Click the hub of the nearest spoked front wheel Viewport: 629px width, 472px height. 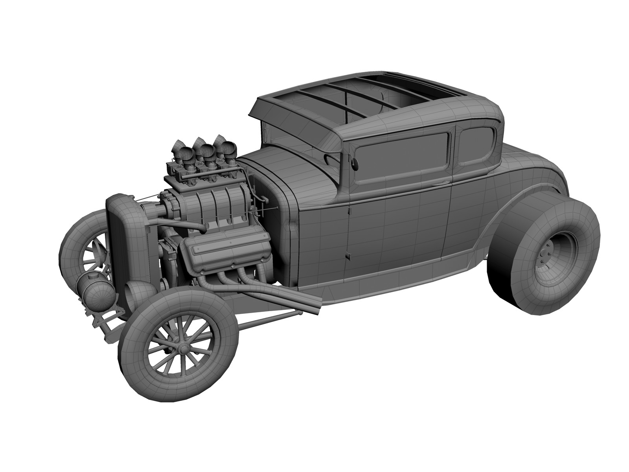[182, 345]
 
